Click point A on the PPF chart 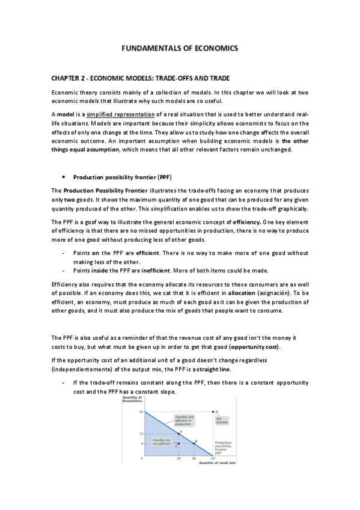pyautogui.click(x=178, y=433)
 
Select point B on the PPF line pyautogui.click(x=194, y=444)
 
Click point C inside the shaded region pyautogui.click(x=178, y=444)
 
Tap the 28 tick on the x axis pyautogui.click(x=194, y=459)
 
